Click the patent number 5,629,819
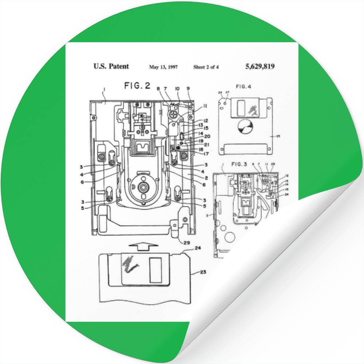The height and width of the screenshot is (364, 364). tap(260, 66)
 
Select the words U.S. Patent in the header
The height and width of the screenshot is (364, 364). tap(111, 66)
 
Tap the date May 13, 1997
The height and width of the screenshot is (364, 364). tap(163, 67)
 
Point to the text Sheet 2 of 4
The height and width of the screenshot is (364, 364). tap(206, 67)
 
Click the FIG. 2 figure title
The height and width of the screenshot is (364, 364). tap(137, 86)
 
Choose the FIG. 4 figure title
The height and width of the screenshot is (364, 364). tap(244, 87)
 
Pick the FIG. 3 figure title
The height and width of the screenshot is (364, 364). tap(239, 164)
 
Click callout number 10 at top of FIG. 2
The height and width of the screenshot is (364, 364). tap(177, 88)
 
